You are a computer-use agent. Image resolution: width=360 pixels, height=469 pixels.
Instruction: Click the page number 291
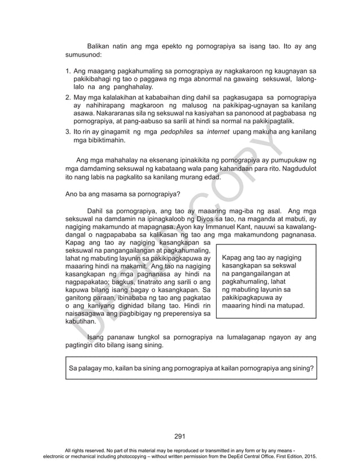coord(180,436)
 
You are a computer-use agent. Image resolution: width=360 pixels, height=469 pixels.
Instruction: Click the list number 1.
coord(68,72)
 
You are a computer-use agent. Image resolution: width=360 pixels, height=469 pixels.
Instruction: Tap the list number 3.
coord(68,132)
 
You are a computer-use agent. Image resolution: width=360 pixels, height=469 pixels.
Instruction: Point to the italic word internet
coord(218,132)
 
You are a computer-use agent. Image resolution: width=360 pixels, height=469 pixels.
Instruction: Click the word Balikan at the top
coord(99,47)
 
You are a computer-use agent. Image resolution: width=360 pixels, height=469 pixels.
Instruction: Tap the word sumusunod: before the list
coord(84,56)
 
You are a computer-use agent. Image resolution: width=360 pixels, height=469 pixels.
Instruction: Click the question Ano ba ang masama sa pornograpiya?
coord(122,195)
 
